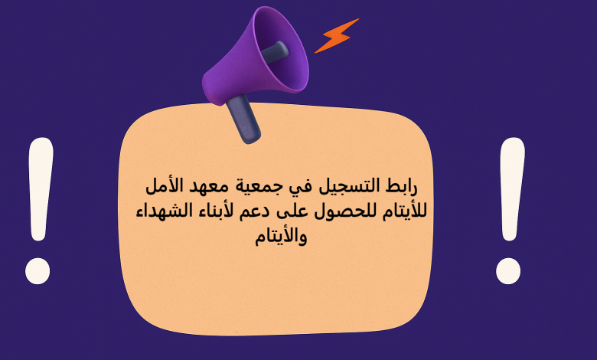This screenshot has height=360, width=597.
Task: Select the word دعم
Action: [x=260, y=211]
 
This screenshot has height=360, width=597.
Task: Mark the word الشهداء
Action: [x=162, y=210]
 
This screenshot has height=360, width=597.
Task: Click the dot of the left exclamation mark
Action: [x=38, y=270]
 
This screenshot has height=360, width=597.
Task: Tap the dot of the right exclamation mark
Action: [x=508, y=271]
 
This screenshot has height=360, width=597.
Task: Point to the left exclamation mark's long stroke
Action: [x=40, y=191]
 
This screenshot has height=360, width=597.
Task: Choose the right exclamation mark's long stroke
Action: [x=511, y=191]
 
